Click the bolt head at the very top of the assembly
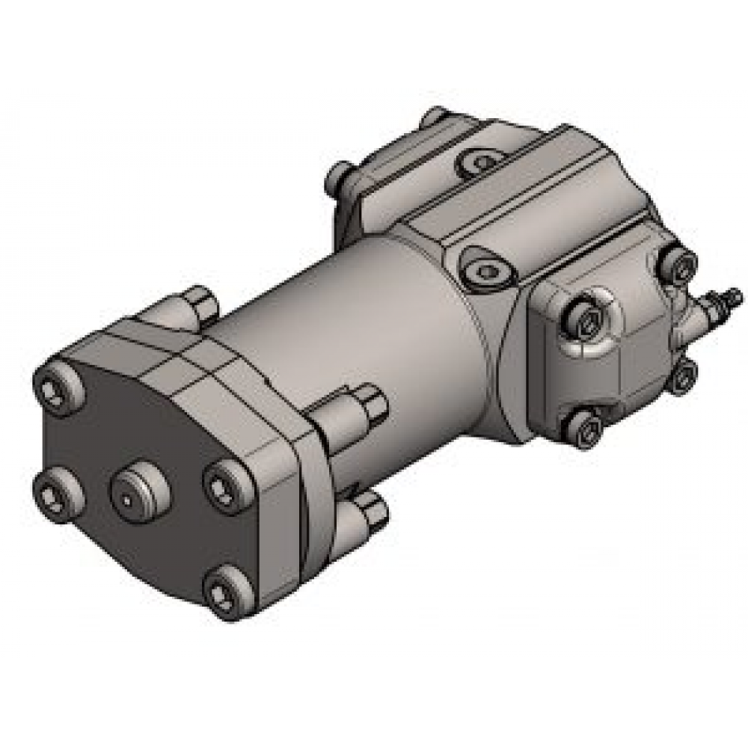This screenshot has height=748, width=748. (434, 120)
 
